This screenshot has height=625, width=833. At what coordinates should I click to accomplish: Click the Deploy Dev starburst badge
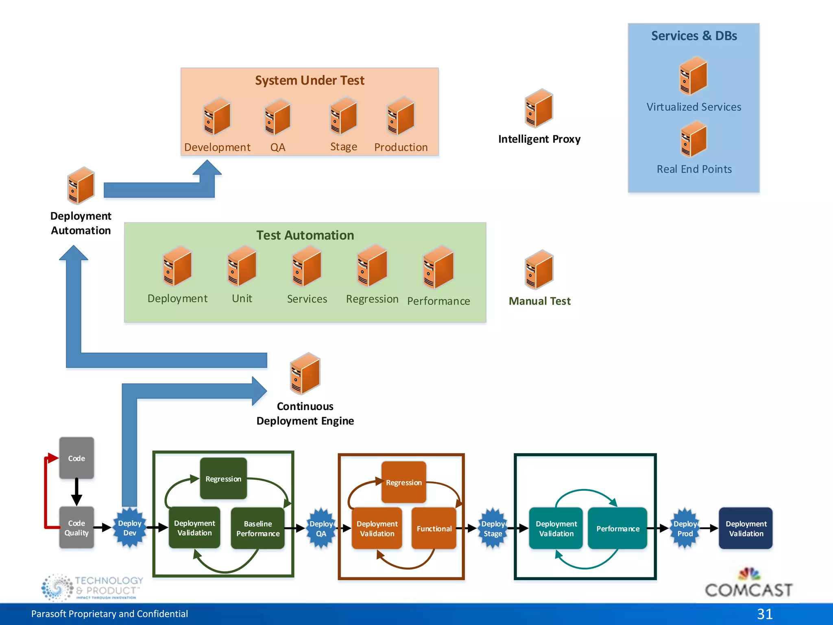(129, 528)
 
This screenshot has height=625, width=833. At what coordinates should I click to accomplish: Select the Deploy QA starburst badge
(321, 529)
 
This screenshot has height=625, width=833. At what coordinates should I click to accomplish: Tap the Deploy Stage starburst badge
(493, 529)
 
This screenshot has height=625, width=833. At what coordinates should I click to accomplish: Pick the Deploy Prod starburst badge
(685, 529)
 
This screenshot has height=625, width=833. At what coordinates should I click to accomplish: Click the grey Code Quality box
(76, 528)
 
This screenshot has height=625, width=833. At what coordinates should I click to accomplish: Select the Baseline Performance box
(258, 528)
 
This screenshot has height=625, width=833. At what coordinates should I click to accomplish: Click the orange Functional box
(434, 528)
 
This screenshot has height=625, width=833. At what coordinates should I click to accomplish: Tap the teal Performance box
(617, 528)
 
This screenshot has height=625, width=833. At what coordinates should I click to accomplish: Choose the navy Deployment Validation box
(746, 528)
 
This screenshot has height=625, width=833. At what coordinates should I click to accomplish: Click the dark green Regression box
(223, 479)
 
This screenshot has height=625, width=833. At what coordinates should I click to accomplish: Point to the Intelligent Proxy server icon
(539, 108)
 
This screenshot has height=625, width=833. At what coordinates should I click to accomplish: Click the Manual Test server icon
(539, 269)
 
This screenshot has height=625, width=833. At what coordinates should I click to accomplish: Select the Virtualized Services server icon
(693, 76)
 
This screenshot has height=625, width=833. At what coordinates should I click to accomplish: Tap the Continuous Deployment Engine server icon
(305, 374)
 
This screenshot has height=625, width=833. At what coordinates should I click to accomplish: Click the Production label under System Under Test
(401, 147)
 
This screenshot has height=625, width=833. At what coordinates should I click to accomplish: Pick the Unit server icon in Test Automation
(242, 266)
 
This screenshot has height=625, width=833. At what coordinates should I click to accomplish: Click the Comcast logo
(748, 584)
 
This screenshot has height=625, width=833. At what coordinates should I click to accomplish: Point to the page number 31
(765, 614)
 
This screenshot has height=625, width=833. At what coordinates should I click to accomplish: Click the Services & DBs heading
(694, 36)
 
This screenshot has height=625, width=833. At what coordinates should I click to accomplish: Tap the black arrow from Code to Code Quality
(76, 492)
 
